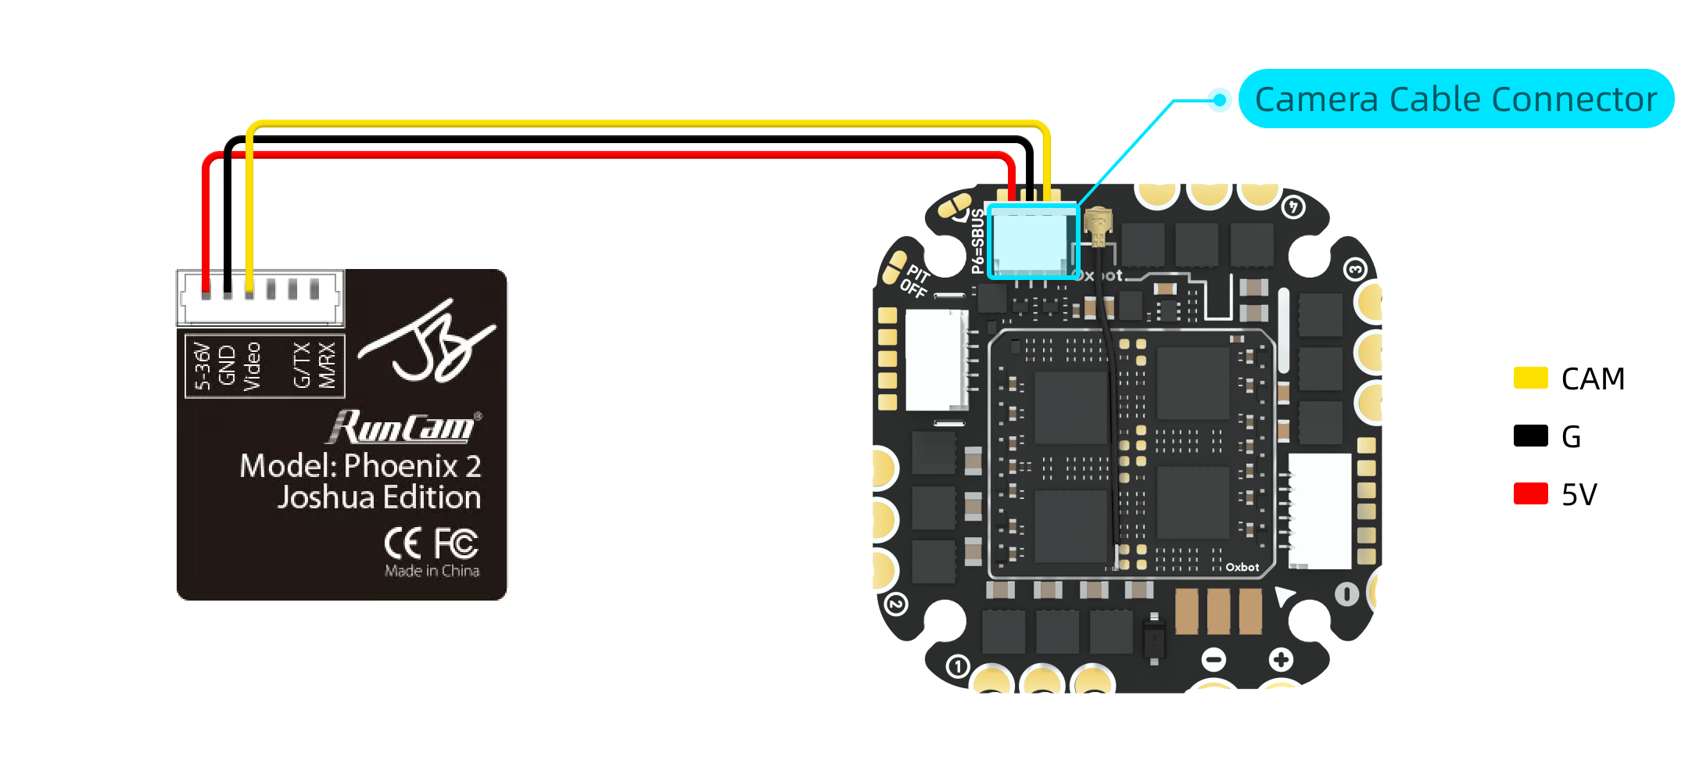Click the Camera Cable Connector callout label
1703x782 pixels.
[1455, 99]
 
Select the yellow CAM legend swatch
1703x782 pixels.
[1530, 378]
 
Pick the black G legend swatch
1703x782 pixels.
[1530, 436]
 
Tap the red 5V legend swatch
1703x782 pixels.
[1530, 493]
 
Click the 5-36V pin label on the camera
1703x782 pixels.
[203, 366]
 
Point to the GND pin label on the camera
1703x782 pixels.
[227, 366]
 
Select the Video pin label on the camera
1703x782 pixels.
[252, 366]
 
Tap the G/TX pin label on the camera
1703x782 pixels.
[302, 365]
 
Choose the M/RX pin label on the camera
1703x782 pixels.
[326, 365]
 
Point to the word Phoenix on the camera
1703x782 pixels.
[400, 466]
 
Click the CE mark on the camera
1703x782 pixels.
[403, 543]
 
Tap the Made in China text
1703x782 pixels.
[432, 571]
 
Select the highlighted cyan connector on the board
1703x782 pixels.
[1033, 241]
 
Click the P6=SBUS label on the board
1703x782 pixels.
[977, 241]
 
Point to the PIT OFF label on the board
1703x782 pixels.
[913, 282]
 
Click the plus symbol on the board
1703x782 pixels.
[1280, 659]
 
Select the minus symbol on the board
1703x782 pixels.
[1214, 659]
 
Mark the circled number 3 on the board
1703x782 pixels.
[1355, 270]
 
